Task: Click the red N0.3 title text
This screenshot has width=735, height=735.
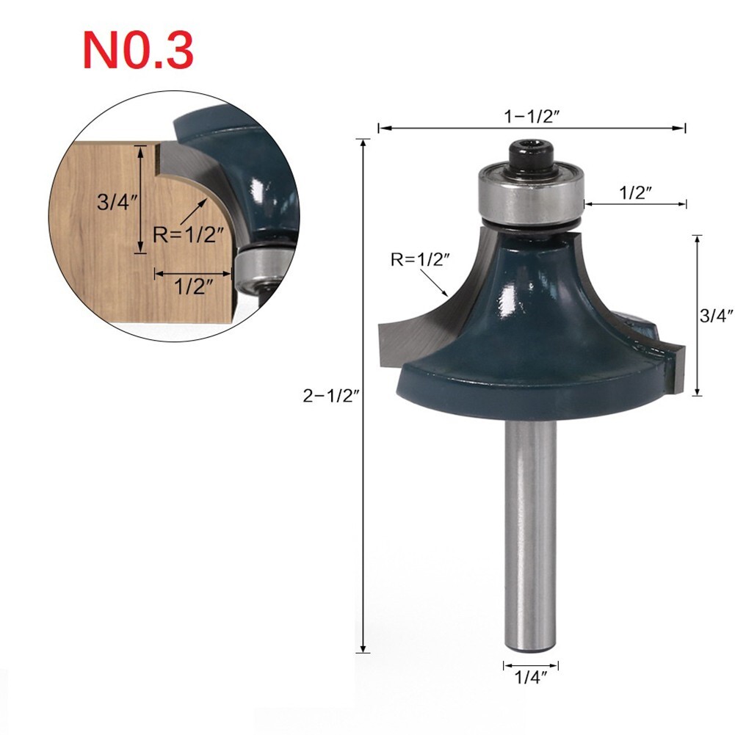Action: (x=137, y=50)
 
